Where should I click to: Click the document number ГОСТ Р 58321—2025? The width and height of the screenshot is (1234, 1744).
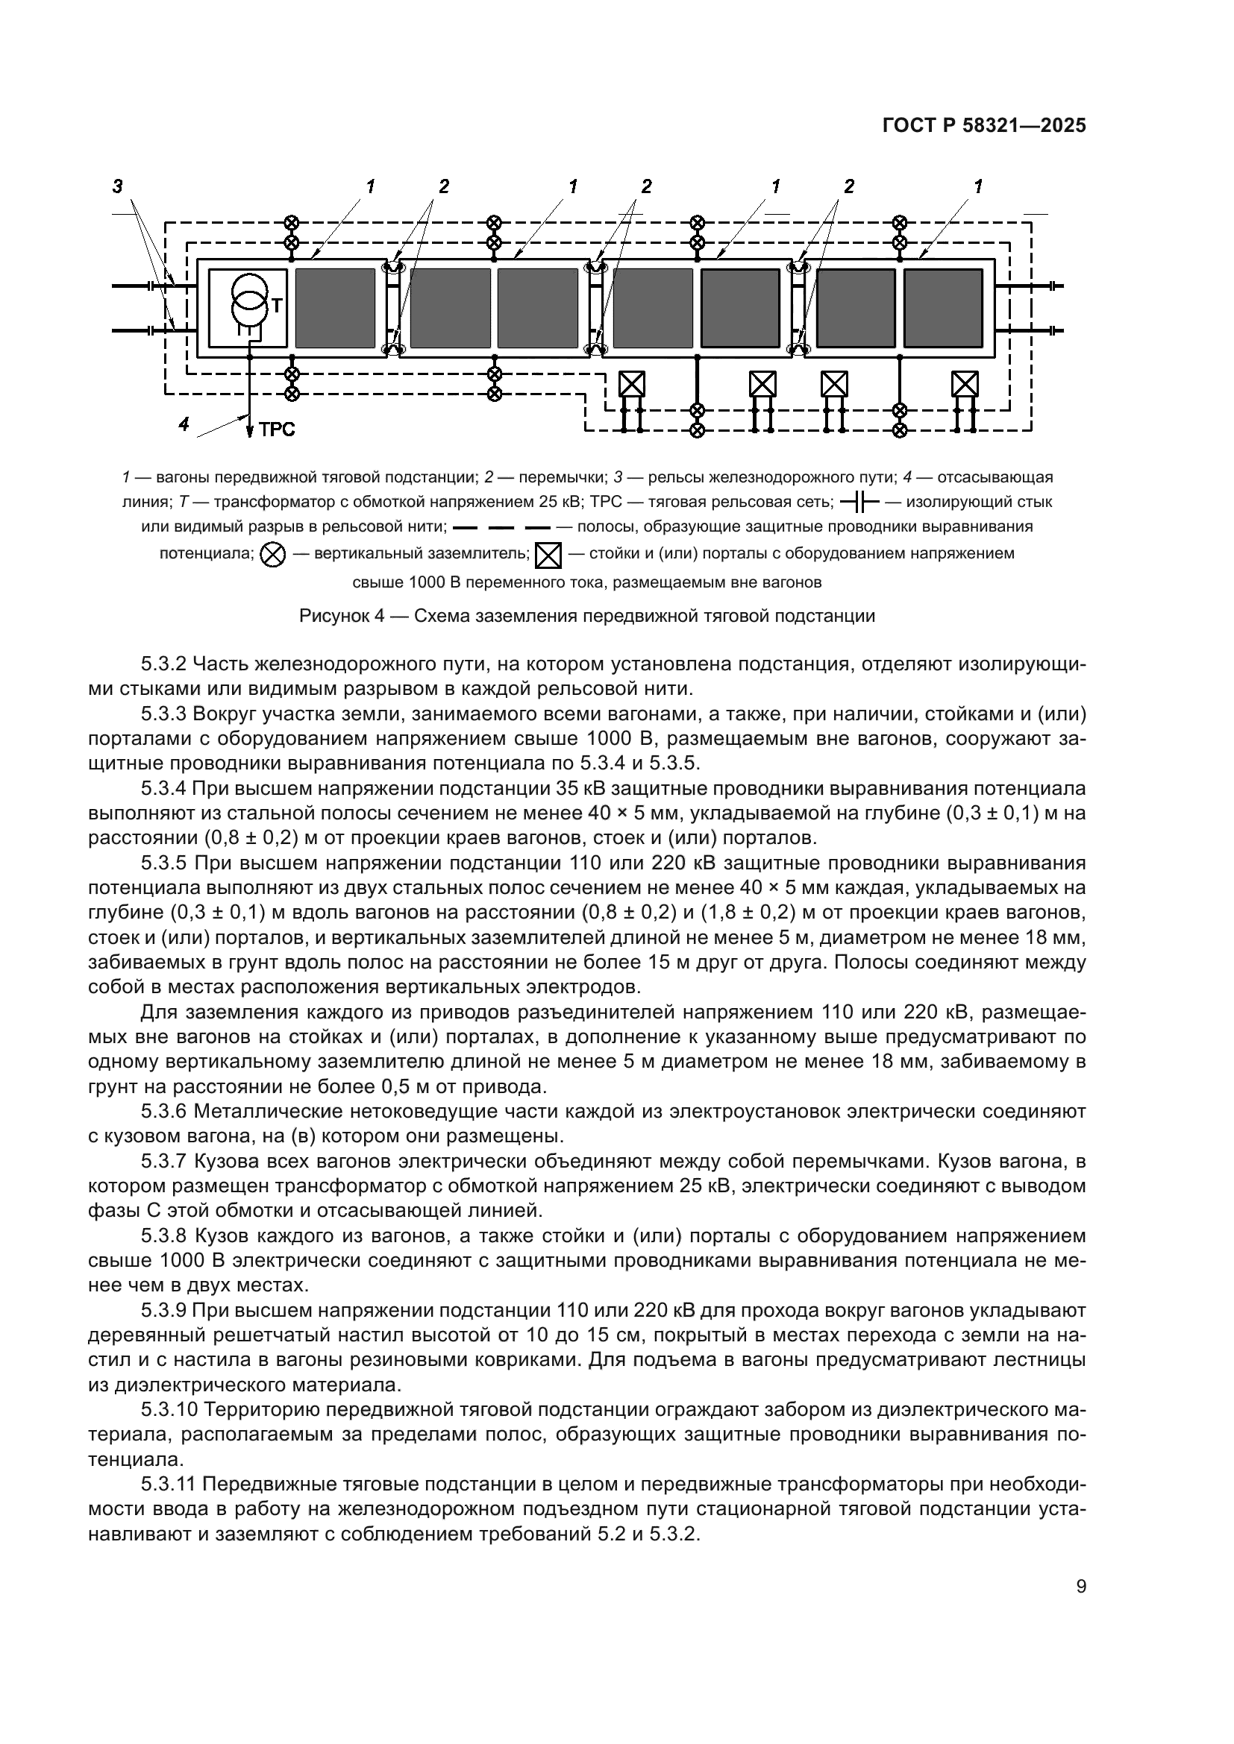pos(984,126)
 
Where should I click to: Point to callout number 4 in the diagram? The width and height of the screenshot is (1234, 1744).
pos(183,423)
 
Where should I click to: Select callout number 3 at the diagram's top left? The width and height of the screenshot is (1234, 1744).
pos(118,186)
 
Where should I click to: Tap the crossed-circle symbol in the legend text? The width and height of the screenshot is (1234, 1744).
pos(273,555)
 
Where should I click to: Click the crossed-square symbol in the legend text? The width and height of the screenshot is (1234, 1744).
pos(548,555)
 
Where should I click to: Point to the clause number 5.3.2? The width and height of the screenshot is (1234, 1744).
pos(163,664)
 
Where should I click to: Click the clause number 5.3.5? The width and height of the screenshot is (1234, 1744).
pos(163,863)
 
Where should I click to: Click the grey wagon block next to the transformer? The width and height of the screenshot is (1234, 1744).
pos(335,308)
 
